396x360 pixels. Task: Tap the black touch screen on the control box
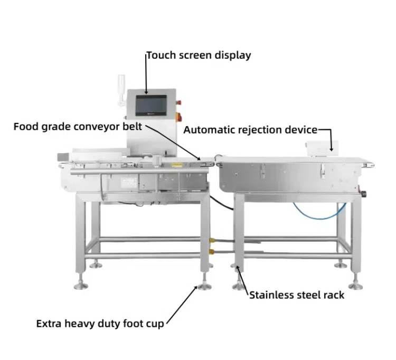tap(152, 105)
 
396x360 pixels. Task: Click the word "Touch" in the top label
tap(159, 55)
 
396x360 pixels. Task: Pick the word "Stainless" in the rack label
tap(271, 295)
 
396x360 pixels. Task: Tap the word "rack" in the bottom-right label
tap(333, 295)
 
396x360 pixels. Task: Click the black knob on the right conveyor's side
tap(363, 193)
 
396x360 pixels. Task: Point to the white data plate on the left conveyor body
tap(129, 182)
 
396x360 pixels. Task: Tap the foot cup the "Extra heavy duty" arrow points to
tap(202, 287)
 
